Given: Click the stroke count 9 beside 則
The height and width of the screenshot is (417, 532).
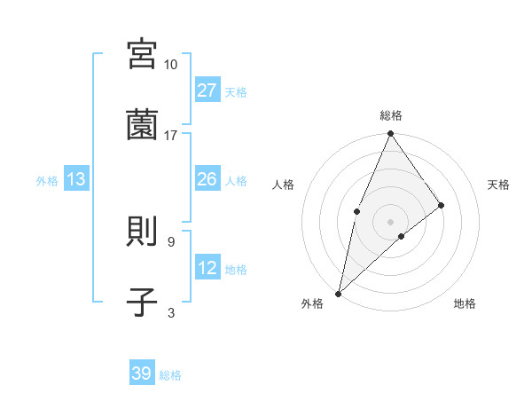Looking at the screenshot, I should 170,241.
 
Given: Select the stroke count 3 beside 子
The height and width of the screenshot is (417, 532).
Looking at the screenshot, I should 170,312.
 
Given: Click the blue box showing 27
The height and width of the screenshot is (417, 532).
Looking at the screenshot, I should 207,90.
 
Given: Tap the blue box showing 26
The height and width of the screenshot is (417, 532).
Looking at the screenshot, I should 207,179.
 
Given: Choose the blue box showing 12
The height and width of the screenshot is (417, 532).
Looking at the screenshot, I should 207,268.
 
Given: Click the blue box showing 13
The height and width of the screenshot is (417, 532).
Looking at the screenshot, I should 76,179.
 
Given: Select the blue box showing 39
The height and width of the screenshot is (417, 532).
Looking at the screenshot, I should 142,374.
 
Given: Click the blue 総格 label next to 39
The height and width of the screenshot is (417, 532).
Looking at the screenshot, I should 170,375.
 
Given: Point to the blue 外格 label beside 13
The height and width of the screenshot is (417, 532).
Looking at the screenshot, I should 47,181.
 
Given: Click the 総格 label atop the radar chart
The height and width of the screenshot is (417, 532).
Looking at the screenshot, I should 390,115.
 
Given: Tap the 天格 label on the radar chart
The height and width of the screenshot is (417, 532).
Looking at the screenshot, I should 499,185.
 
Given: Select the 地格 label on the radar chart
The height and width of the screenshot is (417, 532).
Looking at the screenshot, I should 465,303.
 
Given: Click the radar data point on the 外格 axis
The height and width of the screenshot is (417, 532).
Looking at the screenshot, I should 338,293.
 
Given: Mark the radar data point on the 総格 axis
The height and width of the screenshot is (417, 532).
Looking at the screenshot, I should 390,134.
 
